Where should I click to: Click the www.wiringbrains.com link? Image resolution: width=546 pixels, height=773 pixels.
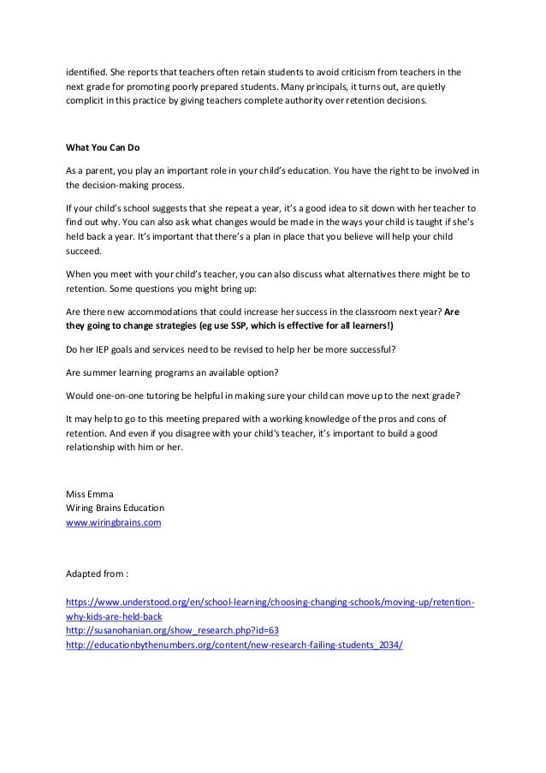click(x=114, y=520)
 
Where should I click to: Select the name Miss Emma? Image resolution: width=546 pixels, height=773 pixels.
click(x=86, y=493)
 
